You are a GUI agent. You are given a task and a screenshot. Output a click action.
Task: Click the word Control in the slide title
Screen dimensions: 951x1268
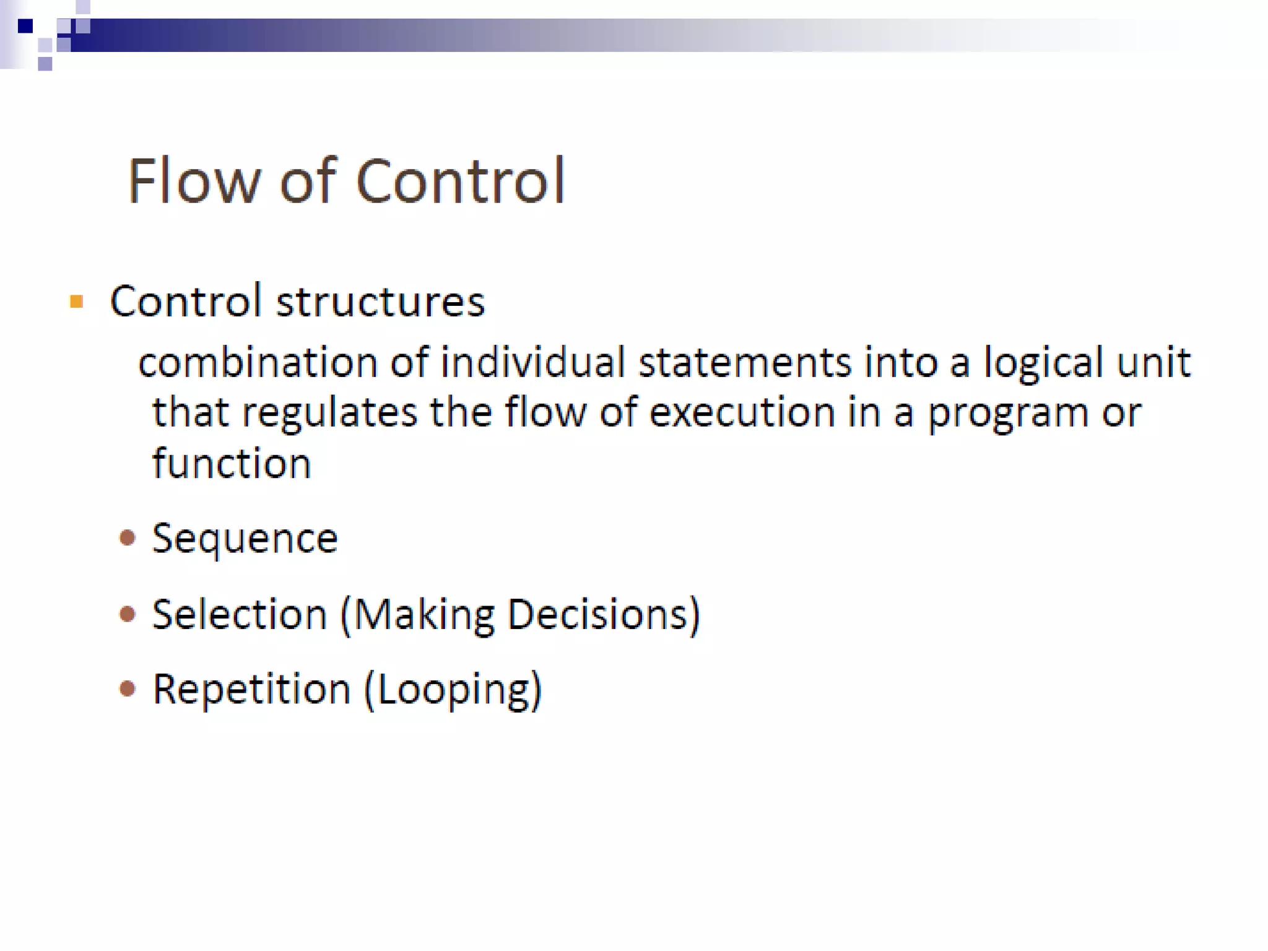[460, 181]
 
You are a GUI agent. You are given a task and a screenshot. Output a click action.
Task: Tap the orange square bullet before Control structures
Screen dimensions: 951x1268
[77, 302]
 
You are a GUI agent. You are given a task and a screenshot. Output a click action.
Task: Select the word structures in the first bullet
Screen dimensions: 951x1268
[380, 302]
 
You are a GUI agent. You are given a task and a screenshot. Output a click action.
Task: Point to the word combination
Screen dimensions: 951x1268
[258, 362]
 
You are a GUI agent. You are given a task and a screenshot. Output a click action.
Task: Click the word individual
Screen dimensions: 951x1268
[532, 362]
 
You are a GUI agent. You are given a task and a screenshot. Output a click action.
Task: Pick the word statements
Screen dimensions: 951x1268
[745, 362]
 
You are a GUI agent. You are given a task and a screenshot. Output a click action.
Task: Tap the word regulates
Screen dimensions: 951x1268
[329, 414]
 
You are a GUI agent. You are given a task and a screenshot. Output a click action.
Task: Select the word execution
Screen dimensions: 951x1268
[742, 412]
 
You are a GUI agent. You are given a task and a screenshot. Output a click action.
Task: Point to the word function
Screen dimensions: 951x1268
[232, 463]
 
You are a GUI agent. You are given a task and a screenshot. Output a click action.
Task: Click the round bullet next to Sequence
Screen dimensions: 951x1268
[128, 537]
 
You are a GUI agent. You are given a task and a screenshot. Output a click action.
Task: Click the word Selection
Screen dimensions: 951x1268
[240, 614]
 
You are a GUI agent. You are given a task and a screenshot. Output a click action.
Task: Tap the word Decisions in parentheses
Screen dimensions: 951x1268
[598, 614]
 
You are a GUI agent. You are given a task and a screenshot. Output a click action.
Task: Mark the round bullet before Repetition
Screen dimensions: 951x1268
[128, 688]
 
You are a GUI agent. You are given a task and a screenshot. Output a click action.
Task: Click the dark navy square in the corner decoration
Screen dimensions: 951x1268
[25, 26]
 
